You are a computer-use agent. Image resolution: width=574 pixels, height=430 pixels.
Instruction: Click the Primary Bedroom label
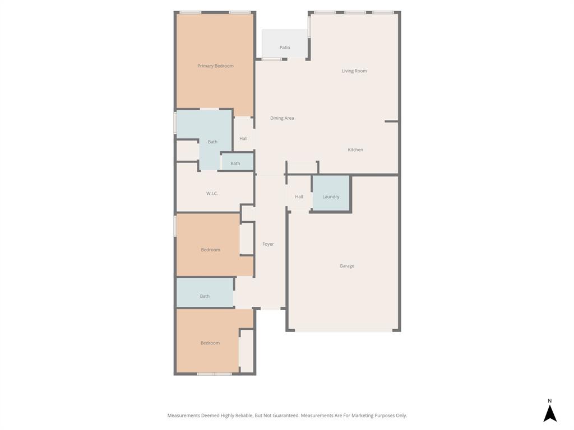[215, 66]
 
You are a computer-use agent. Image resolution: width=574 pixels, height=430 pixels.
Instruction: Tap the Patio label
[285, 48]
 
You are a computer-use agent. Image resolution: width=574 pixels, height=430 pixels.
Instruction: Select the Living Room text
[354, 71]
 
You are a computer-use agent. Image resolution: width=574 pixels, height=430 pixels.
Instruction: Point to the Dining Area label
[282, 118]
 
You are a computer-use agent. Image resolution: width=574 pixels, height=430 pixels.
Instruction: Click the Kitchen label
[355, 150]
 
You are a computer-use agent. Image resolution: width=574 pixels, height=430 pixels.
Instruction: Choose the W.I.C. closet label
[212, 194]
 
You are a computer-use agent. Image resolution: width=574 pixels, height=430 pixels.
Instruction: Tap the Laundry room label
[331, 197]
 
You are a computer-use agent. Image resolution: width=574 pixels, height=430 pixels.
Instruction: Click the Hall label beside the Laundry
[299, 197]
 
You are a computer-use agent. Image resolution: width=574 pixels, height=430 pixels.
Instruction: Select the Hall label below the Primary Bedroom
[243, 139]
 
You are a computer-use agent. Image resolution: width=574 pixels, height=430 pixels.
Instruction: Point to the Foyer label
[268, 244]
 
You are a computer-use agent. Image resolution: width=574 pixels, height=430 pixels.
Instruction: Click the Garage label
[347, 266]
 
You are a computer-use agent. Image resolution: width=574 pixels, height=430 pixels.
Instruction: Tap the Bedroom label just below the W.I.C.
[211, 250]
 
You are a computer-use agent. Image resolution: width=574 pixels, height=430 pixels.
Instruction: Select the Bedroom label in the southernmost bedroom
[210, 343]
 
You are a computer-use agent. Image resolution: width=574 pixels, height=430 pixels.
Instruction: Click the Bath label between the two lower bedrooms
[205, 296]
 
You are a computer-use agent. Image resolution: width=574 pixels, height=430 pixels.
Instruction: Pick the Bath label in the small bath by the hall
[235, 163]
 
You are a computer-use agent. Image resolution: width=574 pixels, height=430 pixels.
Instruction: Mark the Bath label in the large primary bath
[212, 142]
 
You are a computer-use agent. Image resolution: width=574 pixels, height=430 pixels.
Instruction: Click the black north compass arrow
[550, 414]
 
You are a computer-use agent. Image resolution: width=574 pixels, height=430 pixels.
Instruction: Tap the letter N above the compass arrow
[550, 401]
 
